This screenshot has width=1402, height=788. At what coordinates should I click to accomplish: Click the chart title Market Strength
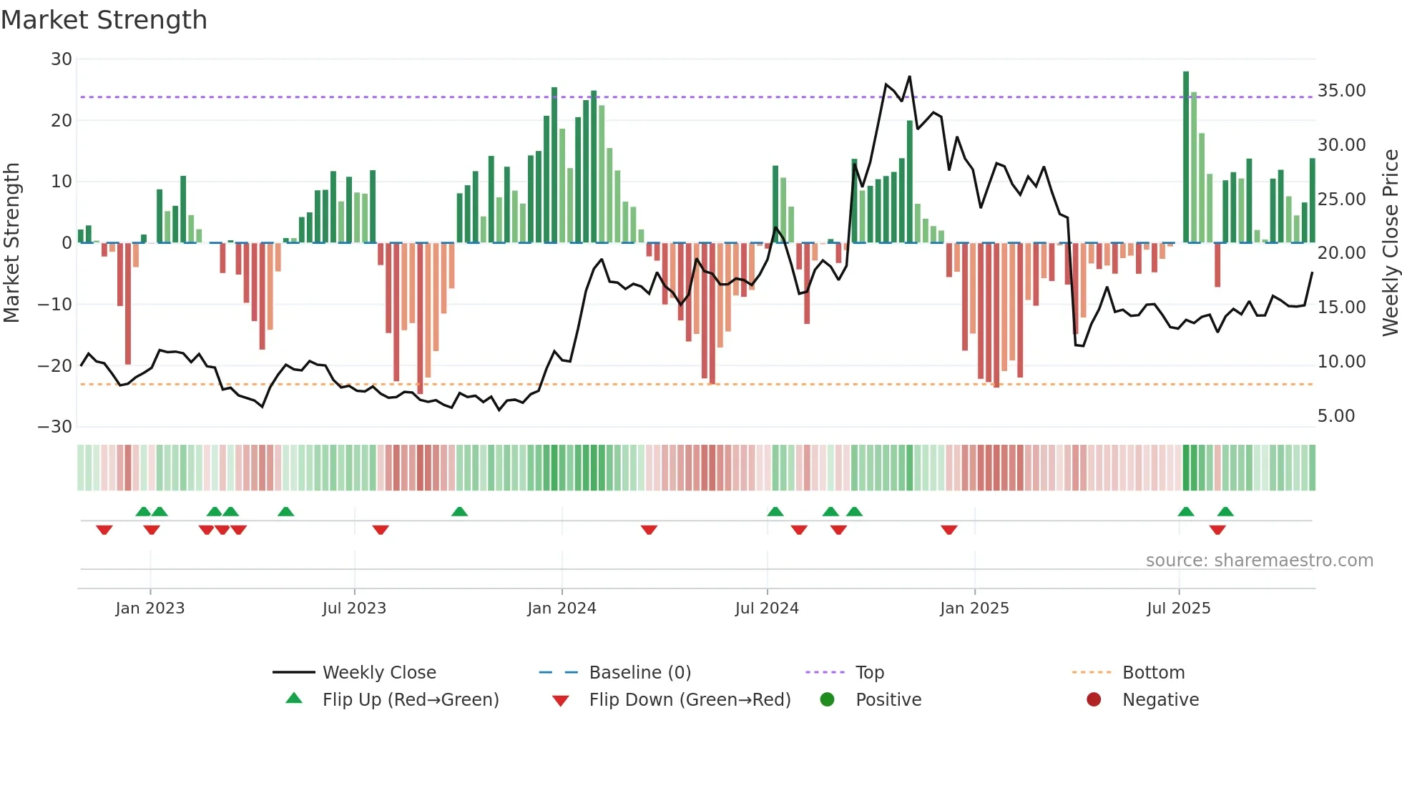click(x=104, y=20)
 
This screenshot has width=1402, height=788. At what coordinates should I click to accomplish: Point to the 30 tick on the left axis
click(x=62, y=59)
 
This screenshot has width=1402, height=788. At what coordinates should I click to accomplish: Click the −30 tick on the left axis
click(x=55, y=427)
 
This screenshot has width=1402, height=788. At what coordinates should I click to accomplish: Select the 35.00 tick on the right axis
click(x=1341, y=91)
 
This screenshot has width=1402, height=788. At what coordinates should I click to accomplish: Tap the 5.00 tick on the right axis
click(x=1335, y=416)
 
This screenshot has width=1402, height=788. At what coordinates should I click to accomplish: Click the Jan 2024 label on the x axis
click(x=562, y=609)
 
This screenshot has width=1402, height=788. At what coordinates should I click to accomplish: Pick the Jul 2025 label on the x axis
click(x=1178, y=609)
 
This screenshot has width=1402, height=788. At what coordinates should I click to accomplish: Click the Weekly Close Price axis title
click(x=1390, y=243)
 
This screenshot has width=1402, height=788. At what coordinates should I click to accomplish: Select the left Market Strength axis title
click(x=11, y=243)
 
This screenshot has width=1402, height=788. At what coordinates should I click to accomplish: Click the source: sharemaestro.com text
click(x=1259, y=561)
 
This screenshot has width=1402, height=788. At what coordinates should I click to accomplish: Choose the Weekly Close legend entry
click(x=379, y=673)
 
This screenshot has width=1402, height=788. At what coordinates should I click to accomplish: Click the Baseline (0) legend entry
click(x=639, y=673)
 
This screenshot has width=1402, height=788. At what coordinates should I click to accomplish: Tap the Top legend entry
click(x=870, y=673)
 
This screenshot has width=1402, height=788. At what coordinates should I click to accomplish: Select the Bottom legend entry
click(x=1153, y=673)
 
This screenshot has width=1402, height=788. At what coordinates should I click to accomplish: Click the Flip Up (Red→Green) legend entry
click(x=410, y=700)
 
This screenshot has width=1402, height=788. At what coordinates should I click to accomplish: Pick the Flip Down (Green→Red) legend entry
click(x=690, y=700)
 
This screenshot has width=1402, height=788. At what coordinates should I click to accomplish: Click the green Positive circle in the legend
click(x=828, y=700)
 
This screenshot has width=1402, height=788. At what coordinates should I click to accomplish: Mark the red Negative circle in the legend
click(x=1094, y=700)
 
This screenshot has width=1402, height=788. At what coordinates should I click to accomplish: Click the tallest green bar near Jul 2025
click(x=1186, y=157)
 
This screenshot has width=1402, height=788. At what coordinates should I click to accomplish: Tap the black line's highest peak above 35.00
click(x=910, y=77)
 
